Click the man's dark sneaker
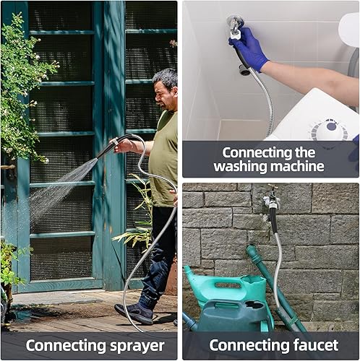pyautogui.click(x=134, y=313)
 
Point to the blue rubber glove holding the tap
pyautogui.click(x=249, y=49)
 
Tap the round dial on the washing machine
pyautogui.click(x=328, y=131)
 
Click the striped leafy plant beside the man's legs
pyautogui.click(x=139, y=217)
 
